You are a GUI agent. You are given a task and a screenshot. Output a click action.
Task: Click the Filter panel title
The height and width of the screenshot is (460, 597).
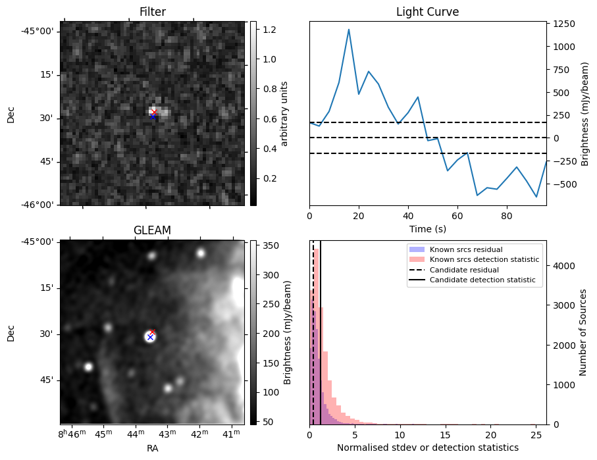pyautogui.click(x=152, y=12)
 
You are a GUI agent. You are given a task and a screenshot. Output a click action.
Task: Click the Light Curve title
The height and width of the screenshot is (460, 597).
pyautogui.click(x=427, y=12)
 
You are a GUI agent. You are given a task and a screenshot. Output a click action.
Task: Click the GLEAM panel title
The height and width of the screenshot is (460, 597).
pyautogui.click(x=152, y=230)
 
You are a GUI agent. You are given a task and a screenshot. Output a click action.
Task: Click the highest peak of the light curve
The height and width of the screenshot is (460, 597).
pyautogui.click(x=349, y=30)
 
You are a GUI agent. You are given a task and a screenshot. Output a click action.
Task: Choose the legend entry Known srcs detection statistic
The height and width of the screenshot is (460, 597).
pyautogui.click(x=484, y=259)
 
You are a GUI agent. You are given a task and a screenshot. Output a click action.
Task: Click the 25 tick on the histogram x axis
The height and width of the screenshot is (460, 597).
pyautogui.click(x=537, y=435)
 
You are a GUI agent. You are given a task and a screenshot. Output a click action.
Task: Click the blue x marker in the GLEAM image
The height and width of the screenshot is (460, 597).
pyautogui.click(x=150, y=337)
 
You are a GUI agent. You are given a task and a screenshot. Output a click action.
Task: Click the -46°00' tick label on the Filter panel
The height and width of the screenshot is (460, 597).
pyautogui.click(x=38, y=205)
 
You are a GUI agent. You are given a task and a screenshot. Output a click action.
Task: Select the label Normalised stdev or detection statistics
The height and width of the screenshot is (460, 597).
pyautogui.click(x=427, y=448)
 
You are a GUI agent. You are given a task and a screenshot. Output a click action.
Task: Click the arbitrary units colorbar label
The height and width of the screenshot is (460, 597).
pyautogui.click(x=284, y=113)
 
